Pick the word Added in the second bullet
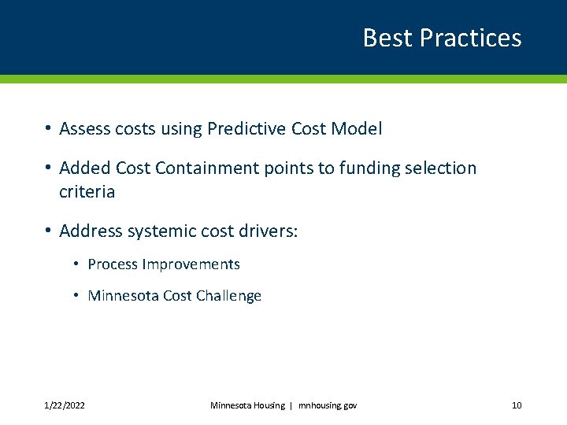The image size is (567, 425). (x=84, y=168)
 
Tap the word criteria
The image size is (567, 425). (x=87, y=192)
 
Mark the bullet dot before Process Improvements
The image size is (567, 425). (x=76, y=264)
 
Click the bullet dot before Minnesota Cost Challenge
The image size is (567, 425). (x=76, y=296)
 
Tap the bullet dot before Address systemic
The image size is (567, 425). (x=48, y=231)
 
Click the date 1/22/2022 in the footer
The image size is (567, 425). (x=65, y=405)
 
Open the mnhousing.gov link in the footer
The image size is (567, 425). (x=328, y=405)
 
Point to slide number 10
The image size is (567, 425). (x=517, y=405)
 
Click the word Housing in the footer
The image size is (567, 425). (x=269, y=405)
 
